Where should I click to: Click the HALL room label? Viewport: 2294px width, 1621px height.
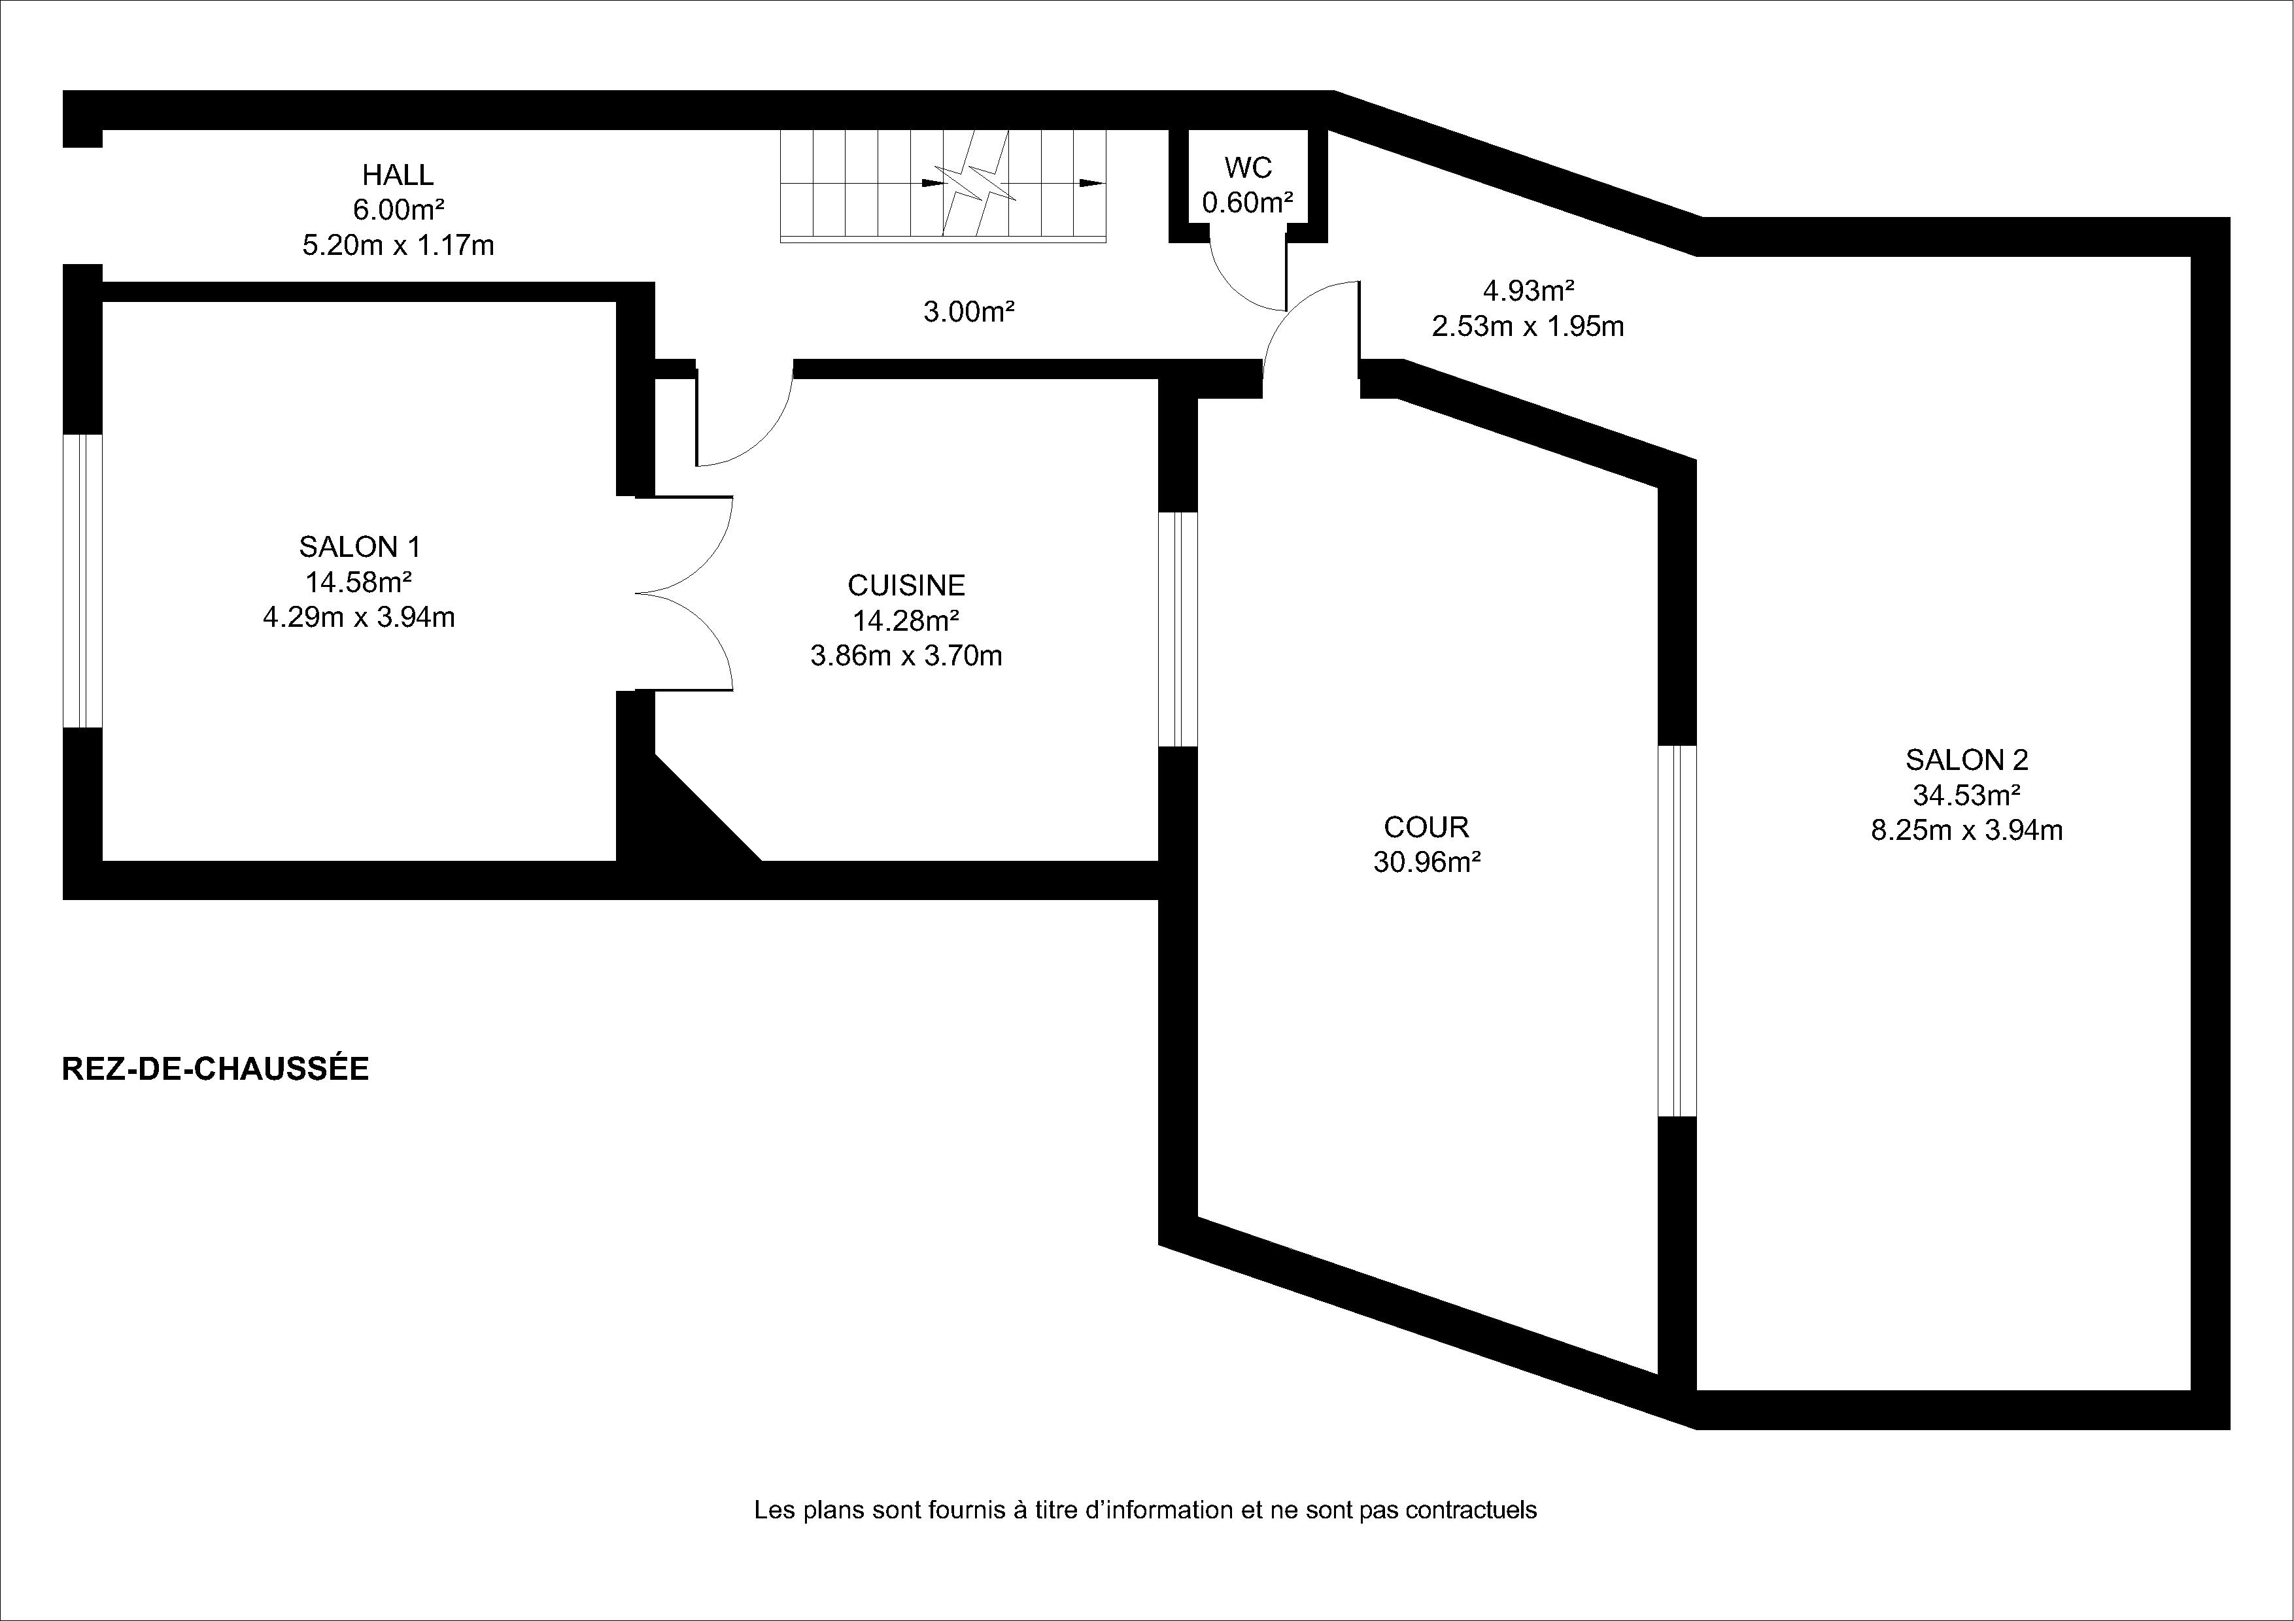click(x=398, y=175)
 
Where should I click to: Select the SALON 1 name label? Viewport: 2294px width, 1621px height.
click(x=360, y=546)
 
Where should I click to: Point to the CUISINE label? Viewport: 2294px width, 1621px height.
click(x=906, y=584)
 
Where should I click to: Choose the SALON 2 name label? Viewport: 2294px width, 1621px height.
click(x=1967, y=760)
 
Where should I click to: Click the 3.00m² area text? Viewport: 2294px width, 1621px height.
click(x=969, y=312)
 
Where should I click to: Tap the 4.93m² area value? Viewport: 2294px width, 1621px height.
click(x=1529, y=292)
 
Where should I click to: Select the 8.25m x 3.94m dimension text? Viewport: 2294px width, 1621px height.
click(x=1967, y=830)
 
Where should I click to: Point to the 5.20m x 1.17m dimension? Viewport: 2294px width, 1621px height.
click(x=398, y=244)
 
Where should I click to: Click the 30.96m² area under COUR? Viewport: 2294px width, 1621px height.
click(x=1427, y=862)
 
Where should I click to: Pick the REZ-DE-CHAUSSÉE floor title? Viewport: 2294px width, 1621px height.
click(x=216, y=1069)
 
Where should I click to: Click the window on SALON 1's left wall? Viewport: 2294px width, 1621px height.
click(x=83, y=580)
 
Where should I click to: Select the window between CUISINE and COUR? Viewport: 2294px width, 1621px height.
click(x=1178, y=629)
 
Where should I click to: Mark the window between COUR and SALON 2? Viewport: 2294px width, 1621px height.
click(x=1677, y=931)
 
